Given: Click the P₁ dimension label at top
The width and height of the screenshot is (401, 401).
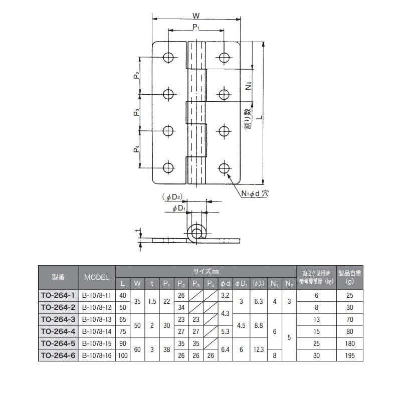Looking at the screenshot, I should pyautogui.click(x=196, y=28).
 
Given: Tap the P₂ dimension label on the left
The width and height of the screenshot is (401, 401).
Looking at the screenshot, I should pyautogui.click(x=136, y=76).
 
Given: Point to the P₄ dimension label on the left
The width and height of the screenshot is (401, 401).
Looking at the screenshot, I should pyautogui.click(x=136, y=149).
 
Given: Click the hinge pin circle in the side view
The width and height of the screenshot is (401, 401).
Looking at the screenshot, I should pyautogui.click(x=196, y=234).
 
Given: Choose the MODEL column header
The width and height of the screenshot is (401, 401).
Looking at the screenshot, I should pyautogui.click(x=97, y=277).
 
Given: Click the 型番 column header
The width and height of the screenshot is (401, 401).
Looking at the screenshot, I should pyautogui.click(x=58, y=277).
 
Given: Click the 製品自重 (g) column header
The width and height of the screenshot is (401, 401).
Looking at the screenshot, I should pyautogui.click(x=350, y=277).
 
